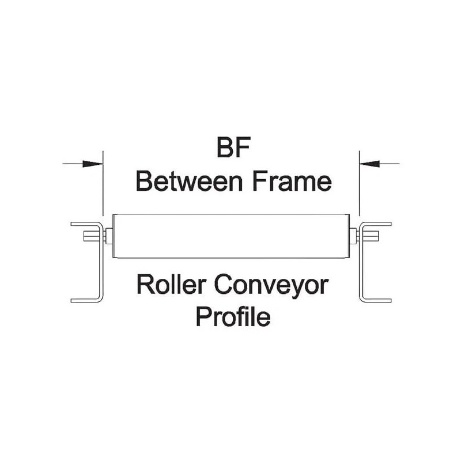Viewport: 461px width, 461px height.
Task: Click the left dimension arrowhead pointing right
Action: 95,164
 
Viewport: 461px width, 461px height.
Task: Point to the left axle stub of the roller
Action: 108,235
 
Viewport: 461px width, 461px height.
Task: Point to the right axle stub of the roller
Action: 353,235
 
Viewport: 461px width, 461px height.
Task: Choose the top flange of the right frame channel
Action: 377,223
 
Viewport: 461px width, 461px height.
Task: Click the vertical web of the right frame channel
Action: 361,271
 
